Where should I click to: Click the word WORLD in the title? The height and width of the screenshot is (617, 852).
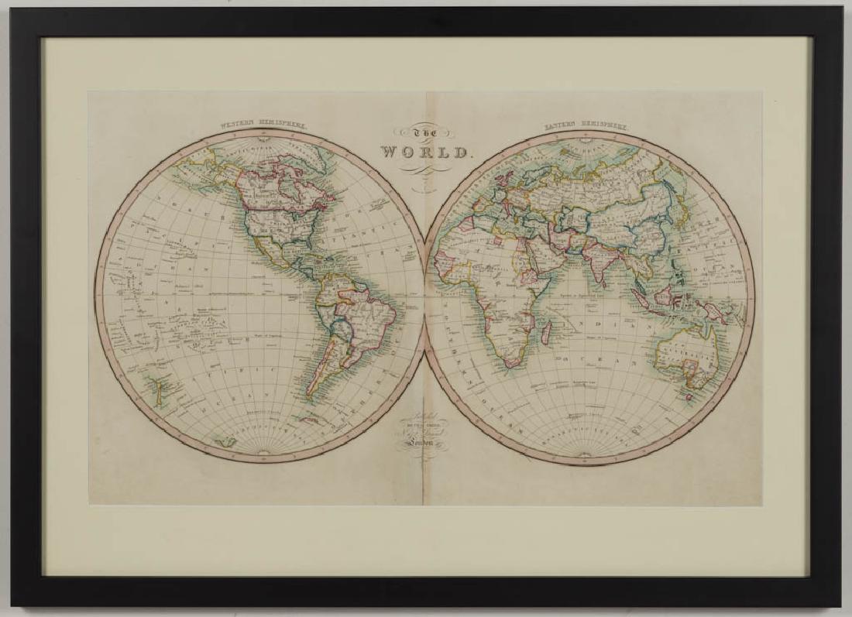pos(425,152)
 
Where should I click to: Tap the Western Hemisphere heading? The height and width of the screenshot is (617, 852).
pos(264,125)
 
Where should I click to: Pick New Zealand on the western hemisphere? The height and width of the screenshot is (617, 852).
pos(159,386)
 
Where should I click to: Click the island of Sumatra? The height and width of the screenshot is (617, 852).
pos(640,295)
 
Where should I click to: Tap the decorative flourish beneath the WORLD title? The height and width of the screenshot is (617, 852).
pos(425,171)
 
